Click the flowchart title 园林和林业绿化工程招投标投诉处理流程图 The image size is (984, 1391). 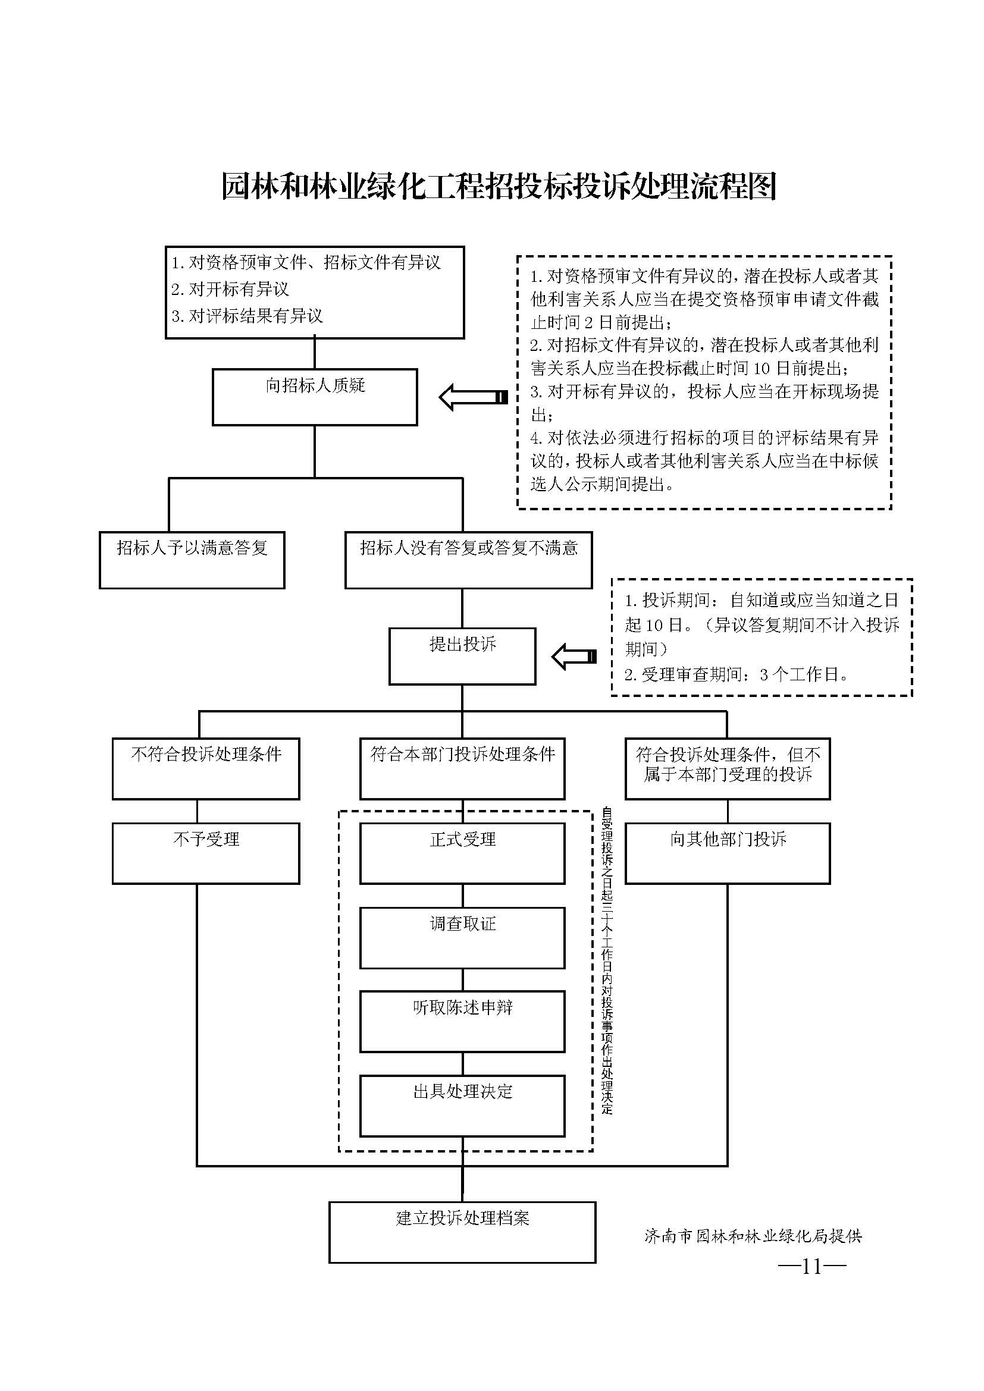point(498,186)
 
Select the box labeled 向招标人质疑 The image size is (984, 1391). point(315,397)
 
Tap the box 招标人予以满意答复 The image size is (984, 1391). point(192,560)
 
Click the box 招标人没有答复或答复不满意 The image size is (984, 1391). point(468,560)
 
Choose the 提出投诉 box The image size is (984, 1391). point(462,656)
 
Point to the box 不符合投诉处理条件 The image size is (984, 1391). point(206,768)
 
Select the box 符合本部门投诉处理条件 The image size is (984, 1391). point(462,768)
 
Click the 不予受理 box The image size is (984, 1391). point(206,853)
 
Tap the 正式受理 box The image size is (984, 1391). point(462,853)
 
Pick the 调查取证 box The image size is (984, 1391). point(462,938)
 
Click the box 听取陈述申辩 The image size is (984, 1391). point(462,1022)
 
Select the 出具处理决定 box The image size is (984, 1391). point(462,1106)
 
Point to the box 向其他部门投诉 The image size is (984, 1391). point(728,853)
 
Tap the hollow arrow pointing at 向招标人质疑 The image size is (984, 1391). point(473,397)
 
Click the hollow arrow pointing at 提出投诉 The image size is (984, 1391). point(575,657)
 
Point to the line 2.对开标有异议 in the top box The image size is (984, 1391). point(230,289)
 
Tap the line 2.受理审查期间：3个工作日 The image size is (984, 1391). point(737,674)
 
